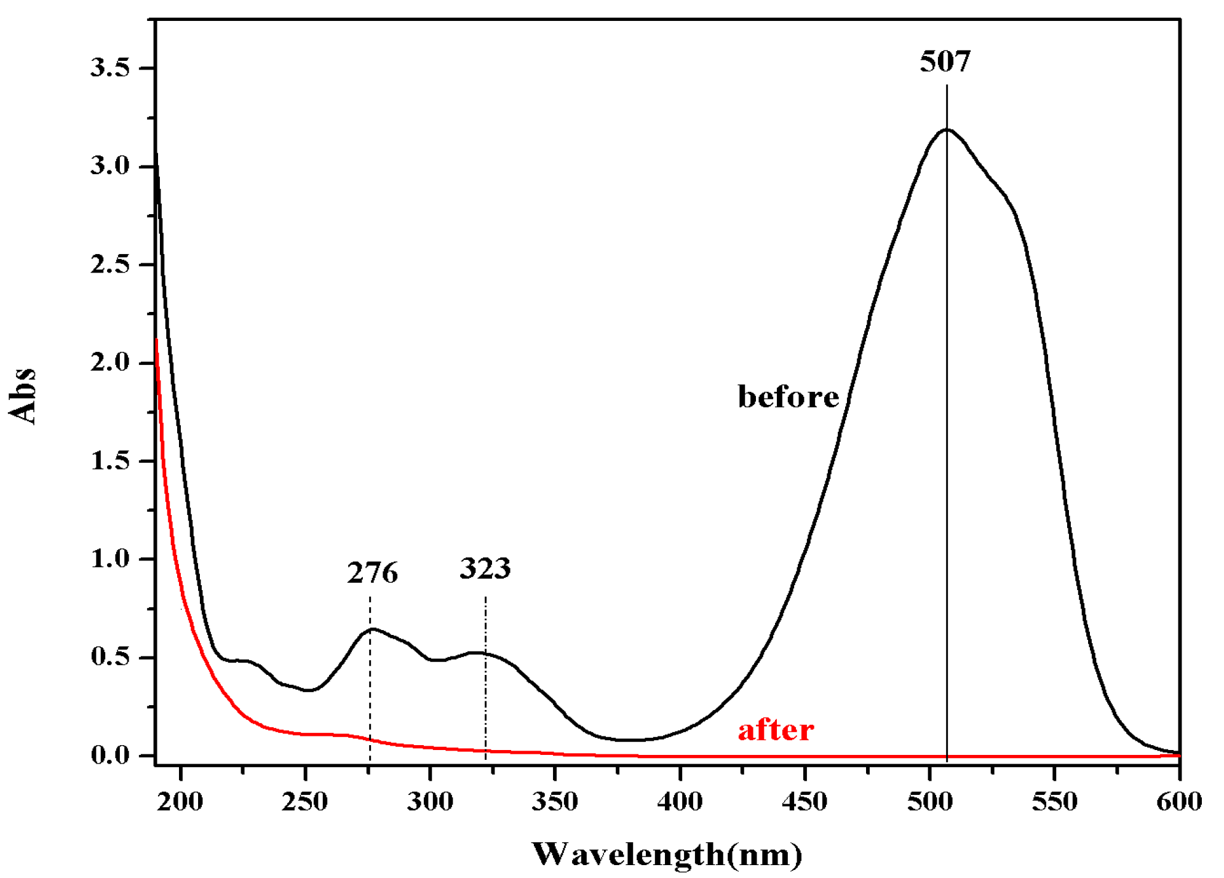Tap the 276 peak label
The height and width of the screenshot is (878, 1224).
tap(372, 573)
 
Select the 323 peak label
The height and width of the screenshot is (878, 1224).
tap(485, 569)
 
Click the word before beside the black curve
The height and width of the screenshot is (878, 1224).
tap(788, 397)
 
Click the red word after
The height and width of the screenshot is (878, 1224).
tap(776, 730)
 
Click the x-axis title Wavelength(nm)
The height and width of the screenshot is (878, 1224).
tap(667, 855)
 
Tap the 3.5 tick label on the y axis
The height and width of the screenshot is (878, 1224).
tap(110, 68)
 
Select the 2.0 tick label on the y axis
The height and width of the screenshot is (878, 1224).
tap(110, 362)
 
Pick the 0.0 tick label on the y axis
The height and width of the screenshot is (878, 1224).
tap(110, 755)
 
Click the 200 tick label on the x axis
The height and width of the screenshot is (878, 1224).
tap(180, 802)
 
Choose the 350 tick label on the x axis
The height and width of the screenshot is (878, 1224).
tap(555, 802)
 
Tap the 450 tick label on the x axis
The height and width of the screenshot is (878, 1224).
tap(805, 802)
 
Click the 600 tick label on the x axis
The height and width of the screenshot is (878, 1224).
tap(1179, 802)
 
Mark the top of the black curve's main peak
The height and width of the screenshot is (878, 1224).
tap(947, 129)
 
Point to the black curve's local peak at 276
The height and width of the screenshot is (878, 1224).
tap(372, 629)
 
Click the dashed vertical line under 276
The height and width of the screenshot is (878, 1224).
tap(370, 695)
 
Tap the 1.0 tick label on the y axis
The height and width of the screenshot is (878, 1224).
tap(110, 559)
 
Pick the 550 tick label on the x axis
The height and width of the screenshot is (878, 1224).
tap(1054, 802)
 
